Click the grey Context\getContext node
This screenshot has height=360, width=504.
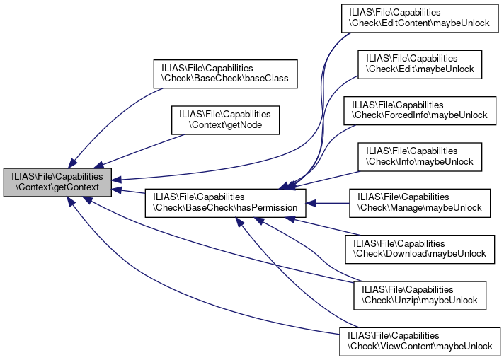57,182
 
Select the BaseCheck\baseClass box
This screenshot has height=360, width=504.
226,71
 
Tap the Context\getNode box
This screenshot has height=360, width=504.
226,120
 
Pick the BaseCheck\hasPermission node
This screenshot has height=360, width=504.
226,202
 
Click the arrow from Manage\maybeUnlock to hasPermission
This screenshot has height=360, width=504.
329,203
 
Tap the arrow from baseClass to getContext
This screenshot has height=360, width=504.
113,117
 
